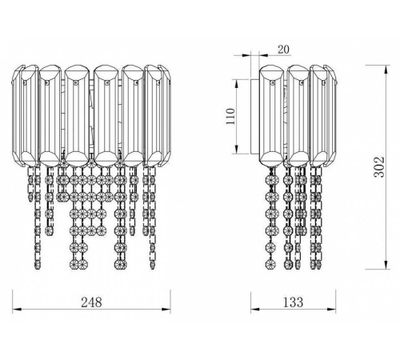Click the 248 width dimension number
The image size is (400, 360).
[x=91, y=302]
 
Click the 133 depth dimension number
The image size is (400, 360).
[x=293, y=302]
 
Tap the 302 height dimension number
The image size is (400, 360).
[x=379, y=167]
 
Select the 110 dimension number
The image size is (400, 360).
[x=230, y=116]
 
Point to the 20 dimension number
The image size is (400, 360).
[x=283, y=50]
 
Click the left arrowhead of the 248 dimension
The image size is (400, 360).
[x=17, y=310]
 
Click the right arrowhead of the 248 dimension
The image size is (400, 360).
[x=166, y=310]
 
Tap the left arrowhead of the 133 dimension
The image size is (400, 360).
[x=255, y=310]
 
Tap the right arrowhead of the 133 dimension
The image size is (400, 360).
[x=331, y=310]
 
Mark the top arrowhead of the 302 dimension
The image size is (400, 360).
[x=386, y=69]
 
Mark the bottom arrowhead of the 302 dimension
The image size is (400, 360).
[x=386, y=265]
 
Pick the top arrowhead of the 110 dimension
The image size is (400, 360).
[x=236, y=83]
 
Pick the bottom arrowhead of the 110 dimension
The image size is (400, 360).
[x=236, y=150]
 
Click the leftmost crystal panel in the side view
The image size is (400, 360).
[x=271, y=116]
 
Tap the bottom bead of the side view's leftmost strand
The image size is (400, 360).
[x=271, y=264]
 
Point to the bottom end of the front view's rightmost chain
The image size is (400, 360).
[x=152, y=267]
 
